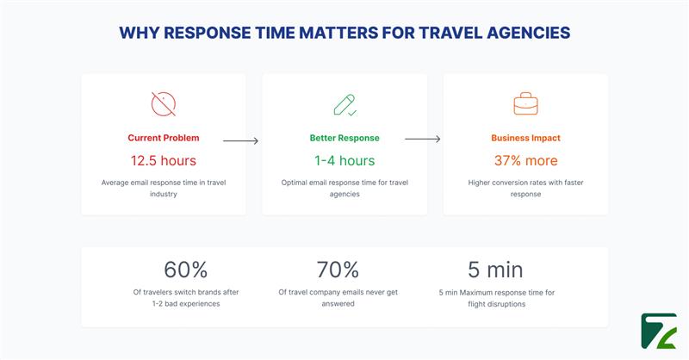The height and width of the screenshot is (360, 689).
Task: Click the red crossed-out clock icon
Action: (164, 104)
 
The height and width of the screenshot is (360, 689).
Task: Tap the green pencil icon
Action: (344, 104)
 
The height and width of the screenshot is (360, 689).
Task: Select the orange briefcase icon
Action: (525, 104)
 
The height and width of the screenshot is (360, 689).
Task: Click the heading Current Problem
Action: (164, 138)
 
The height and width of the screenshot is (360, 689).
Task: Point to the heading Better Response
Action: (344, 138)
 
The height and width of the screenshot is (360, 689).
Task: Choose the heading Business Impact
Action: (525, 138)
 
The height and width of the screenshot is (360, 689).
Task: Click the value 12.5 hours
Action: (164, 160)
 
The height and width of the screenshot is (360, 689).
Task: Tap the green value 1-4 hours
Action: (344, 160)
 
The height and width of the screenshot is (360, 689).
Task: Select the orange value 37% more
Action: (525, 160)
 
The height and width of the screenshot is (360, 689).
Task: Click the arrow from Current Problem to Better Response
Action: (240, 140)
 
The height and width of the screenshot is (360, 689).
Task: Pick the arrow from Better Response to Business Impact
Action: (422, 140)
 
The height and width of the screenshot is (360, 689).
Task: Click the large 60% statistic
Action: (185, 270)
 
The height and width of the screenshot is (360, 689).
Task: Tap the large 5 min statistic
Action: (495, 270)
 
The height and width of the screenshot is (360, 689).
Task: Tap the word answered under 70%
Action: (338, 303)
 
